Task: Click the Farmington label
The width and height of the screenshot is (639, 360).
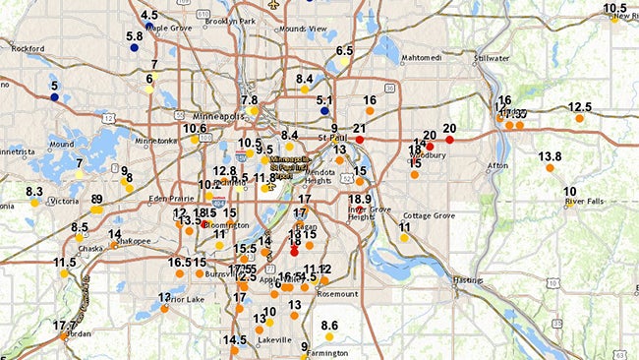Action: click(x=327, y=352)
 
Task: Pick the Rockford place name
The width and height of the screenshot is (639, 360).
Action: click(x=29, y=47)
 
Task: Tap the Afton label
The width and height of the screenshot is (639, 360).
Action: click(x=497, y=165)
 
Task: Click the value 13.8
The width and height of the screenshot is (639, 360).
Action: click(x=550, y=156)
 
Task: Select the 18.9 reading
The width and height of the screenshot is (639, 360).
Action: click(x=360, y=200)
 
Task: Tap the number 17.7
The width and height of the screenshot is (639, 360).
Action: click(x=64, y=326)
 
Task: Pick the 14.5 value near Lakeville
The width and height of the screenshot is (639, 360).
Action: click(x=234, y=340)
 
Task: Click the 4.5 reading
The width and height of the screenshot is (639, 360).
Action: click(x=149, y=15)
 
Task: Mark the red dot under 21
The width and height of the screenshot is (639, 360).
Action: click(x=360, y=141)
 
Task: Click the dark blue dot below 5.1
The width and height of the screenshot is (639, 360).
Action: click(x=324, y=111)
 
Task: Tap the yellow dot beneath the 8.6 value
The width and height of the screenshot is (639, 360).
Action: click(x=329, y=337)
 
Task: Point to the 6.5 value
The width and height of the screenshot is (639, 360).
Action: click(x=344, y=50)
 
